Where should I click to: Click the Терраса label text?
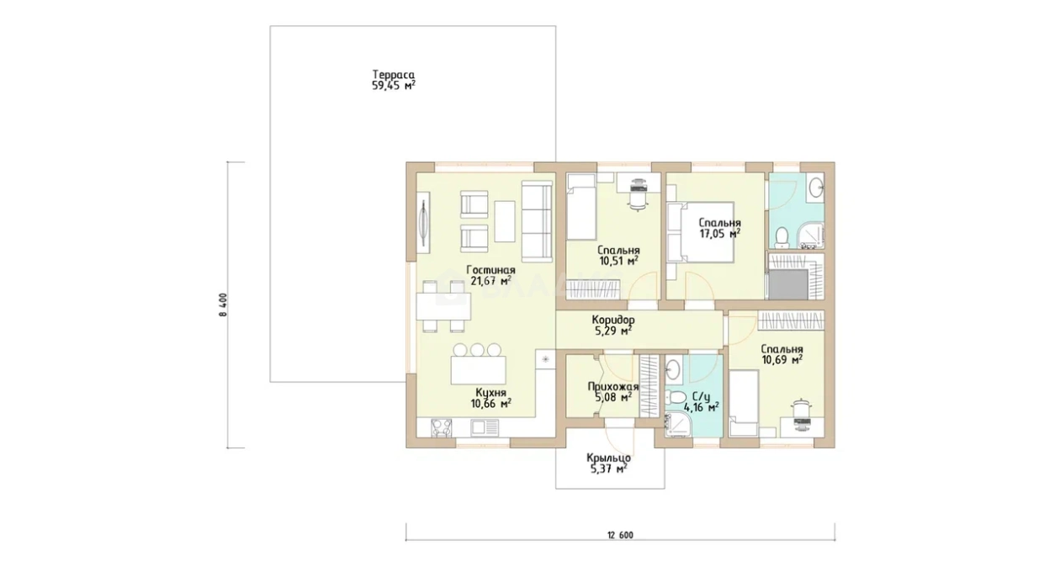[x=393, y=74]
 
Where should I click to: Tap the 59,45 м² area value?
[x=393, y=86]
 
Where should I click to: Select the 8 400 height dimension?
[x=223, y=305]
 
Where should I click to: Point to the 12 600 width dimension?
[x=620, y=535]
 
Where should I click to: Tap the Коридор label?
[x=613, y=321]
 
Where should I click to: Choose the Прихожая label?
[x=612, y=387]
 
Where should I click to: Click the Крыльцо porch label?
[x=608, y=458]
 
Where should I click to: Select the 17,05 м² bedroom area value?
[x=719, y=234]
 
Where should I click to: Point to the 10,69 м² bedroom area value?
[x=782, y=360]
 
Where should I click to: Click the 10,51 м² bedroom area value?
[x=618, y=261]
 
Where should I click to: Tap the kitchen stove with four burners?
[x=112, y=427]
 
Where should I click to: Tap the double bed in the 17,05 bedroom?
[x=701, y=231]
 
